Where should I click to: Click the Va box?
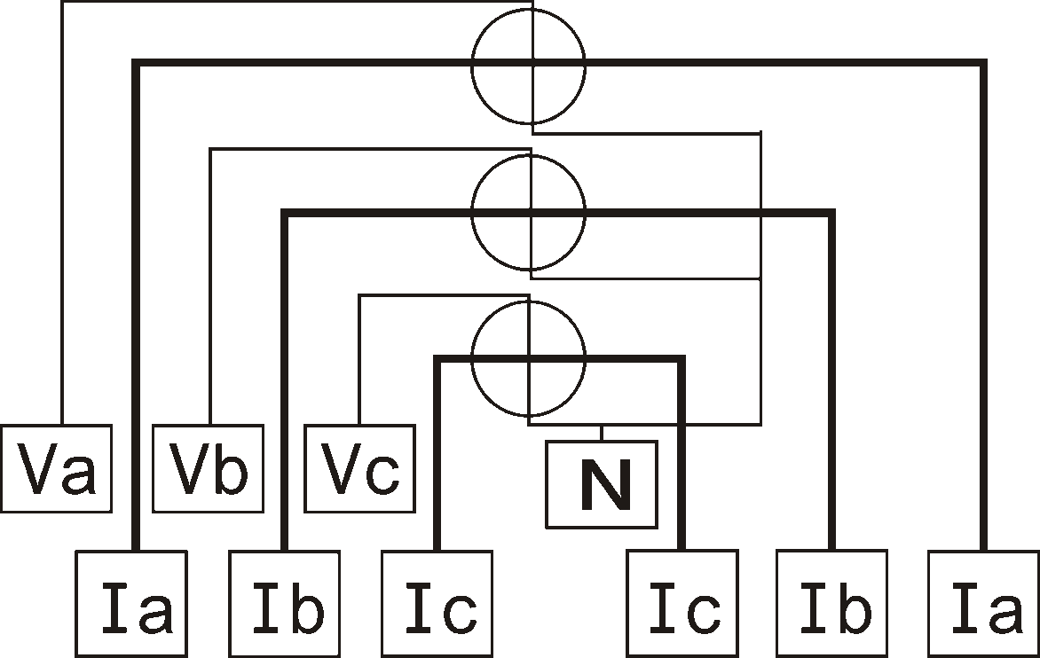click(57, 468)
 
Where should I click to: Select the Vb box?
click(209, 468)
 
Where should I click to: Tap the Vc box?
click(360, 468)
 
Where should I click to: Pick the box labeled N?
click(603, 484)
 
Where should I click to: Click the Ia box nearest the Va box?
click(132, 604)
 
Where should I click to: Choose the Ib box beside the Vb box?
click(285, 604)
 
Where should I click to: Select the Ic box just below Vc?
click(437, 604)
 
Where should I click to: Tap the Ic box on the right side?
click(682, 604)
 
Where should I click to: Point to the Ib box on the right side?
click(832, 604)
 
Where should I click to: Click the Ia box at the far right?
click(984, 604)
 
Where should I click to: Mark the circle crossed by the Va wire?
click(472, 67)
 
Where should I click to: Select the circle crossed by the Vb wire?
click(472, 213)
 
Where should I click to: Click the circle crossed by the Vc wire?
click(472, 358)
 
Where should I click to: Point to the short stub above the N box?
click(602, 433)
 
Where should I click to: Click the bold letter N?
click(604, 484)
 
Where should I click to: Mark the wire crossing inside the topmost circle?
click(532, 63)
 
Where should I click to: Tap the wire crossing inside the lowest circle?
click(529, 360)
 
